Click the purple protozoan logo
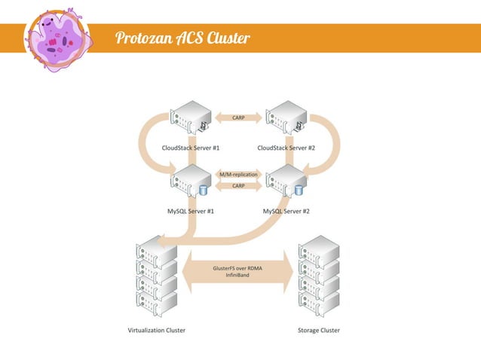tap(58, 38)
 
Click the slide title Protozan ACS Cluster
tap(182, 38)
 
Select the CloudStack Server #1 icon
tap(191, 118)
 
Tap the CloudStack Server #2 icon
tap(286, 118)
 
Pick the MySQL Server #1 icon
tap(191, 182)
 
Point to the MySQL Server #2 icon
tap(286, 182)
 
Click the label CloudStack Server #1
tap(191, 148)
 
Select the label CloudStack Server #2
tap(286, 148)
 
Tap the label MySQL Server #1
tap(191, 211)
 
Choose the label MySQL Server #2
tap(286, 211)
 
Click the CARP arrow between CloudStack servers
tap(238, 117)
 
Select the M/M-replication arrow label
tap(238, 174)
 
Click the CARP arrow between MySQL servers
tap(238, 186)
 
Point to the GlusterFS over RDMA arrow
tap(238, 268)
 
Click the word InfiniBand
tap(238, 276)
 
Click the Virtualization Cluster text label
tap(156, 330)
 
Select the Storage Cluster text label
tap(319, 330)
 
